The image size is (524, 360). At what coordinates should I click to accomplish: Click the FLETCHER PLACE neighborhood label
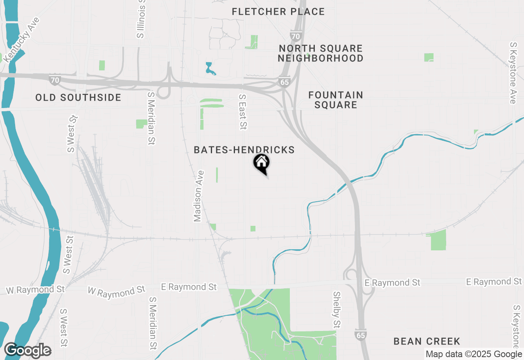(x=278, y=12)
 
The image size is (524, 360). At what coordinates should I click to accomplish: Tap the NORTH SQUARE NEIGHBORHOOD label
(x=321, y=54)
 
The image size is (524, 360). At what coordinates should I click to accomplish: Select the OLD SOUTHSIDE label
(x=78, y=98)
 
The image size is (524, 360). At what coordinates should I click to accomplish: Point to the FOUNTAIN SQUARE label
(x=336, y=100)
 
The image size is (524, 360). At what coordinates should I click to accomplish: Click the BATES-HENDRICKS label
(x=244, y=150)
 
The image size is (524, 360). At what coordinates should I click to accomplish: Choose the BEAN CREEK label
(x=427, y=341)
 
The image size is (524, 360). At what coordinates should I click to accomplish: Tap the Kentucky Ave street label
(x=21, y=40)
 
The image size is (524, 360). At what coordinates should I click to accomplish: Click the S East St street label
(x=243, y=112)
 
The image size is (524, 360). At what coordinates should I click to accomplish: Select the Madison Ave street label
(x=198, y=196)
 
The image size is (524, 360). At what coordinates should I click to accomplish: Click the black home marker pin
(x=261, y=163)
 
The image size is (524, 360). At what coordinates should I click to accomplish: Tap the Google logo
(x=27, y=351)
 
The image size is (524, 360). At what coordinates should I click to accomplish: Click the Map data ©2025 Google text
(x=474, y=354)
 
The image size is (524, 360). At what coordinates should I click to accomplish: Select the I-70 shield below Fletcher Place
(x=296, y=36)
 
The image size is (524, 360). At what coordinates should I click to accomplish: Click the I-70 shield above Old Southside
(x=55, y=80)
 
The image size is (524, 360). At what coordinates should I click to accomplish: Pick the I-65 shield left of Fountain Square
(x=285, y=82)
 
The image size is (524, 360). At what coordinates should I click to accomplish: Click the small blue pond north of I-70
(x=210, y=70)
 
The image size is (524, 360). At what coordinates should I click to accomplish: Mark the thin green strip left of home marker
(x=217, y=175)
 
